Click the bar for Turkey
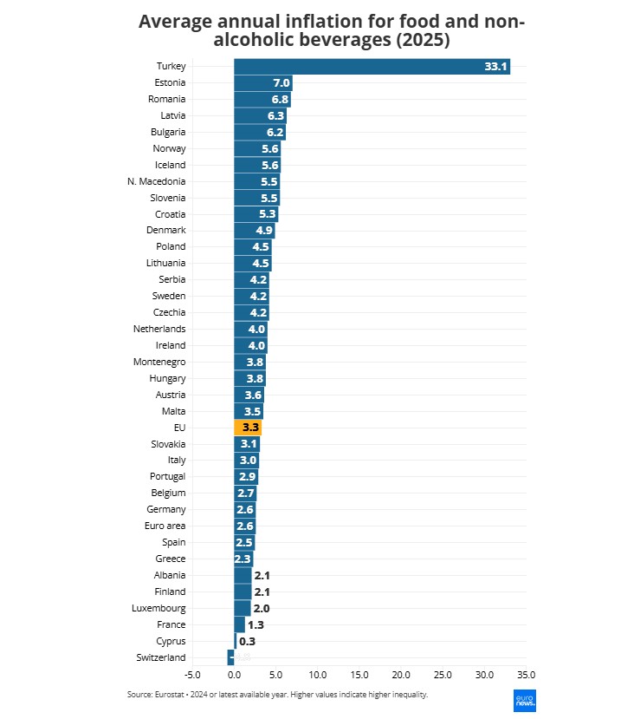(x=372, y=67)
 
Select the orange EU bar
(x=248, y=428)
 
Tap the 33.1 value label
(x=496, y=67)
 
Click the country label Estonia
(x=170, y=83)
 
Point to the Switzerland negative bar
(x=230, y=657)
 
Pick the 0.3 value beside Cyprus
(x=247, y=641)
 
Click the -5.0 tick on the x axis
(x=192, y=674)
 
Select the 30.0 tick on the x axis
(x=484, y=674)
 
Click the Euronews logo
(x=523, y=701)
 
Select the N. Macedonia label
(x=156, y=181)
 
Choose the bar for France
(x=240, y=624)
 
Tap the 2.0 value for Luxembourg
(x=261, y=608)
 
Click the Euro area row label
(x=165, y=526)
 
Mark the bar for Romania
(x=262, y=100)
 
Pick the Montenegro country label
(x=159, y=362)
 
